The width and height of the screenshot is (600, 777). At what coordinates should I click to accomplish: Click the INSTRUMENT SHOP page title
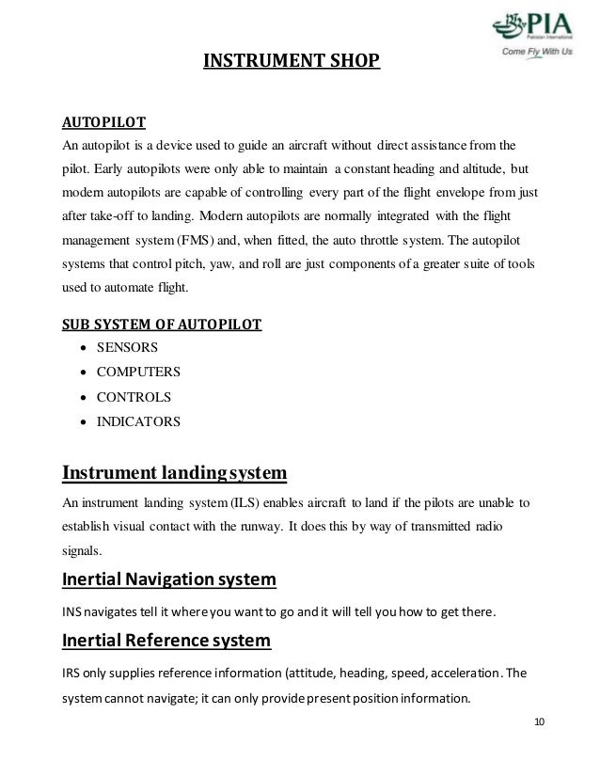[292, 64]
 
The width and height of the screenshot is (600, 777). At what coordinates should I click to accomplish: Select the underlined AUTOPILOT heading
[103, 123]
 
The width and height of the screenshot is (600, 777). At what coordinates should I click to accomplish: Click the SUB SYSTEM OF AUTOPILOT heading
[162, 325]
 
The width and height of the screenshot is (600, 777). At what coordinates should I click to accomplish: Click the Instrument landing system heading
[174, 470]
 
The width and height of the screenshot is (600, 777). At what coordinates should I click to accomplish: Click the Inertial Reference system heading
[166, 642]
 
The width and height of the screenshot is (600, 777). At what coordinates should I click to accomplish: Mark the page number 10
[538, 722]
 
